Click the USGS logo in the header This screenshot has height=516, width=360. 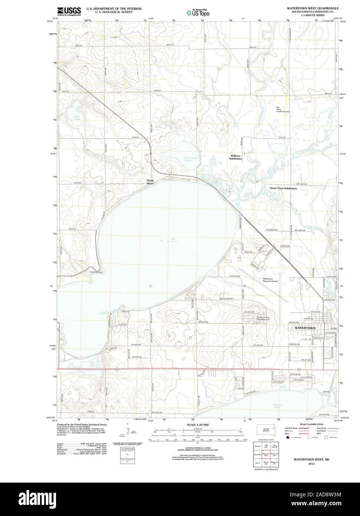coord(69,11)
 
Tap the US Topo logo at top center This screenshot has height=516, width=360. coord(198,12)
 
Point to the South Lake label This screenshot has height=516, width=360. coord(76,117)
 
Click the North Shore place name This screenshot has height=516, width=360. coord(150,182)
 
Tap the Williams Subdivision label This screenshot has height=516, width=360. coord(235,157)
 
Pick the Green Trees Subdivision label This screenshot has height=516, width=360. coord(283,188)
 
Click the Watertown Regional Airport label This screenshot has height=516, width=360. coord(270,280)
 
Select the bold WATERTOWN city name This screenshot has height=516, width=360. coord(305,328)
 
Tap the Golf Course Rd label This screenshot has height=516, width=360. coord(226,298)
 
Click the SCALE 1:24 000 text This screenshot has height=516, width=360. coord(198,425)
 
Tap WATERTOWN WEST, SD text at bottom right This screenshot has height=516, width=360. coord(307,459)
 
